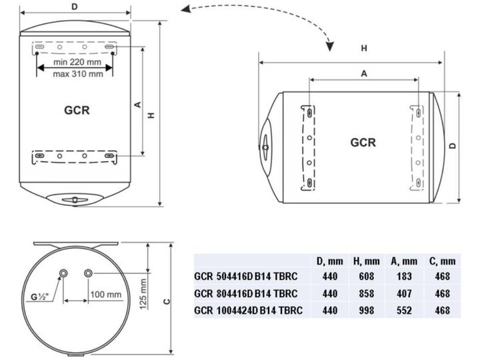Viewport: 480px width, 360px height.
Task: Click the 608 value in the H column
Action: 367,277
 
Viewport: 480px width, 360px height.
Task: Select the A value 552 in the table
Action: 404,311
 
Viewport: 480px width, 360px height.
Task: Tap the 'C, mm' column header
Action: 443,261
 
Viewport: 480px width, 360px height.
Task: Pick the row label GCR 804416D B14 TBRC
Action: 246,293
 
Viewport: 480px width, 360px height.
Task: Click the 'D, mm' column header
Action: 330,261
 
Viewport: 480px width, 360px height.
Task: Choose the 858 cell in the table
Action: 367,293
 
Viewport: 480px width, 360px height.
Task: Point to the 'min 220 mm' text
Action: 77,62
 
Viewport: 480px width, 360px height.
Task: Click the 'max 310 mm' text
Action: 78,74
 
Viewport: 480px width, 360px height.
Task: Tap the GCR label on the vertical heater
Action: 77,110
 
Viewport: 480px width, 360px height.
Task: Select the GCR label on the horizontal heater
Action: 363,143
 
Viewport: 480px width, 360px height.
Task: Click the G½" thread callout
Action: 39,297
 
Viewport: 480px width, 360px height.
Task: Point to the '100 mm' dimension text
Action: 106,295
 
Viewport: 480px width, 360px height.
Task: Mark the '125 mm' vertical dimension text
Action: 143,294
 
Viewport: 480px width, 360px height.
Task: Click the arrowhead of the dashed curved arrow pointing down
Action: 330,47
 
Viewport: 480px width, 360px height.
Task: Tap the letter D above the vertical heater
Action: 75,7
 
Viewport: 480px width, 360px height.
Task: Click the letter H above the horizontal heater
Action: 364,48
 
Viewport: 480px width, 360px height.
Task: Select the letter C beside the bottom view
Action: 167,301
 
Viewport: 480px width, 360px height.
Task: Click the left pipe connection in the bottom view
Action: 63,273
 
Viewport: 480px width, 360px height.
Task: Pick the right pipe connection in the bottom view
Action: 88,273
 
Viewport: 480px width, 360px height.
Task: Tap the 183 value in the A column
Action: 404,277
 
